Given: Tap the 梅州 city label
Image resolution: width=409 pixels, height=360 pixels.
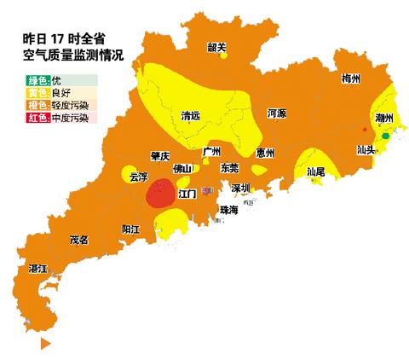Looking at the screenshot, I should pyautogui.click(x=350, y=78).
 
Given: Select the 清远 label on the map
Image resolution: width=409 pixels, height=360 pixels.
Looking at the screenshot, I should pyautogui.click(x=192, y=115).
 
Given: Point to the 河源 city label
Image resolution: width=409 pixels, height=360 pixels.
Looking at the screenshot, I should pyautogui.click(x=275, y=112).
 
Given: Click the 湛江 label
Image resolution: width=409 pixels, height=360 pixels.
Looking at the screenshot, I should pyautogui.click(x=38, y=268).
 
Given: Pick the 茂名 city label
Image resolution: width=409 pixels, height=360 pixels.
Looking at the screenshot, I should pyautogui.click(x=79, y=240).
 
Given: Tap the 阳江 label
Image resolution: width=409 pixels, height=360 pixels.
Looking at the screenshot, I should pyautogui.click(x=131, y=230).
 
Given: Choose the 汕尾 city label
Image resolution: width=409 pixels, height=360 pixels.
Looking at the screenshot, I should pyautogui.click(x=315, y=171).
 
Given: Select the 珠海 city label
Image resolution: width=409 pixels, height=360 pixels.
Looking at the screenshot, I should pyautogui.click(x=228, y=209).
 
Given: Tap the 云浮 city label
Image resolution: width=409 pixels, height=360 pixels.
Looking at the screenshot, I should pyautogui.click(x=138, y=177).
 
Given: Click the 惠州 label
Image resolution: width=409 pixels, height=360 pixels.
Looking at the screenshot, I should pyautogui.click(x=265, y=154).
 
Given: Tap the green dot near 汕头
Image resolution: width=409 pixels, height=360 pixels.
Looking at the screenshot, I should pyautogui.click(x=385, y=135).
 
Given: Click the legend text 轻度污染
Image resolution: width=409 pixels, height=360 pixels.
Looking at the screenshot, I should pyautogui.click(x=71, y=105).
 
